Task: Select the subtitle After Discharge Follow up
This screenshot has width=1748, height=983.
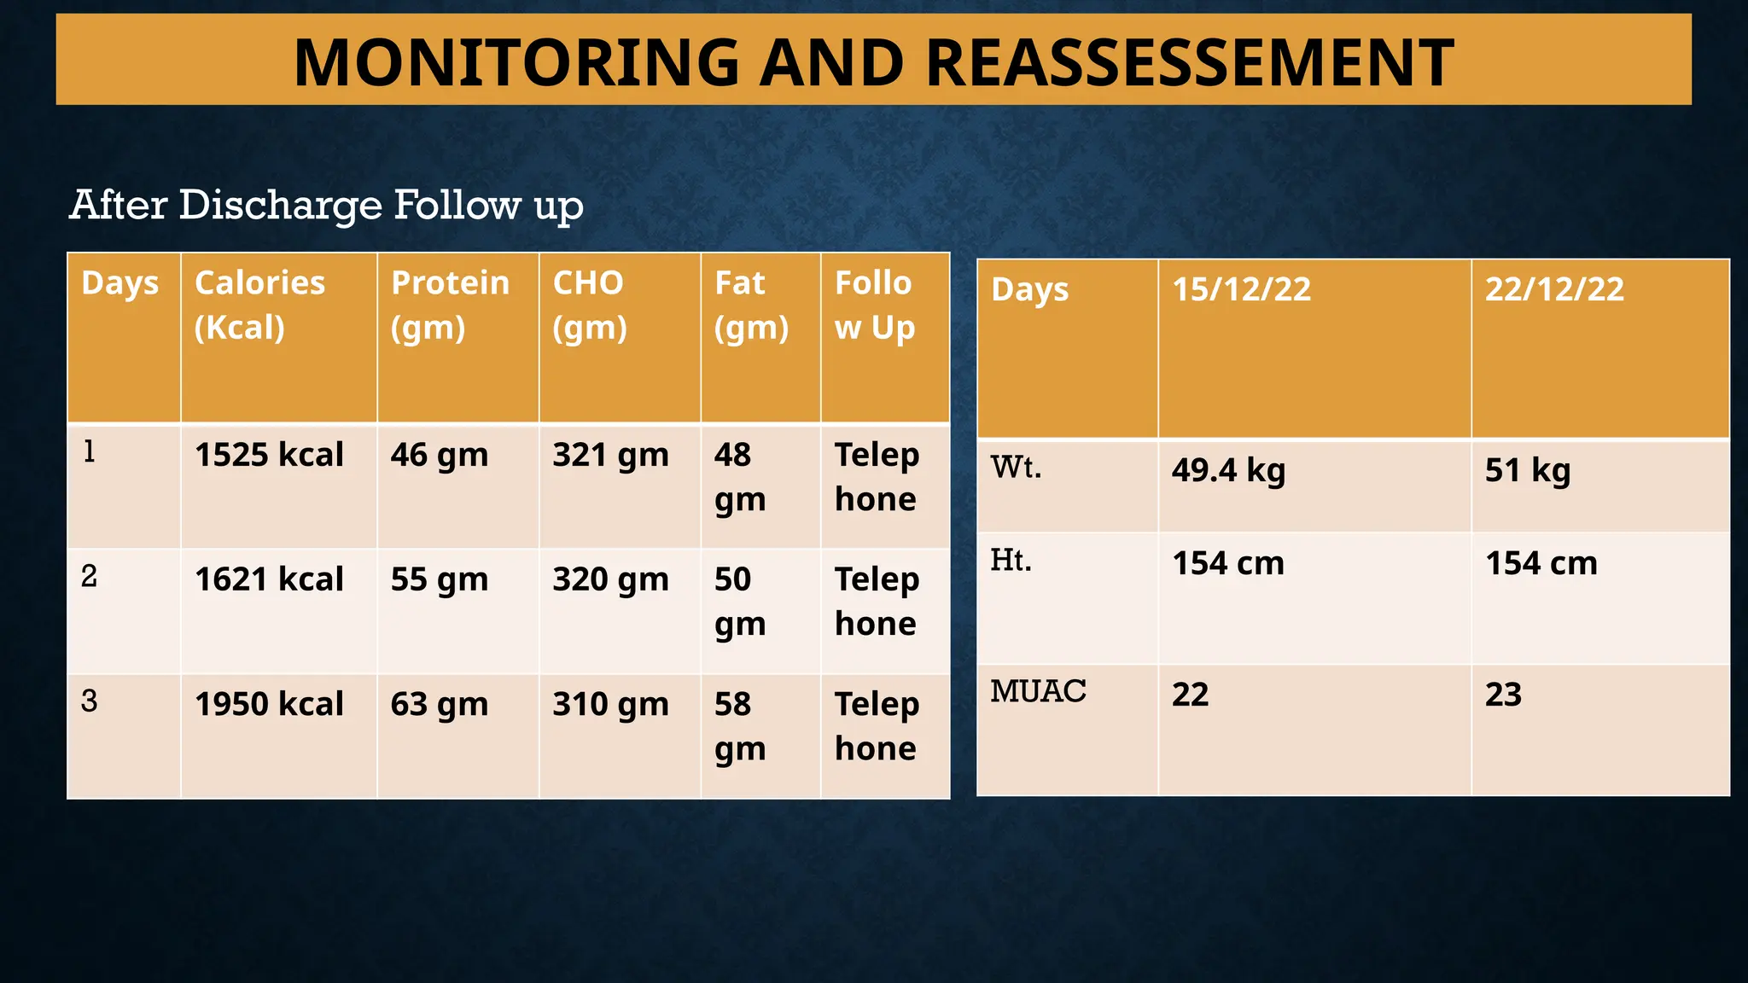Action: pos(326,206)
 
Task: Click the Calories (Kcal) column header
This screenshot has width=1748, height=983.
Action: pos(259,305)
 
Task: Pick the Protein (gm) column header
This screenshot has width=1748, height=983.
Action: pos(450,305)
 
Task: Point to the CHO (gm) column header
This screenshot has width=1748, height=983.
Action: pos(589,305)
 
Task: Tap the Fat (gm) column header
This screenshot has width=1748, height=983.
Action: pos(751,305)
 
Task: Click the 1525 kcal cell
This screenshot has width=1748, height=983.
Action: pos(269,455)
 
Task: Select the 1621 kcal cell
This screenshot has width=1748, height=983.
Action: pos(269,579)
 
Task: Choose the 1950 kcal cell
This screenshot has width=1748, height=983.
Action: pos(269,704)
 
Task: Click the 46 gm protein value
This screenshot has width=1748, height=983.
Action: pos(439,455)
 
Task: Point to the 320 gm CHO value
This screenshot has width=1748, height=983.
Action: pos(610,579)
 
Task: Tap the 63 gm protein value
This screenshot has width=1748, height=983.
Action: pos(439,704)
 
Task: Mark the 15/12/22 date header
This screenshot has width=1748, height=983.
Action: pos(1241,289)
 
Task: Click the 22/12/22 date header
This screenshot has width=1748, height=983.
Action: pos(1554,289)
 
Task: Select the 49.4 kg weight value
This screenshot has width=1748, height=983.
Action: pos(1228,470)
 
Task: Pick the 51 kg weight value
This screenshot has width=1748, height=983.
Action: pos(1527,470)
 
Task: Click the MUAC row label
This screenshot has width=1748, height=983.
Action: pos(1038,691)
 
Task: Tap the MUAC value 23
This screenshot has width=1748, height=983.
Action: pos(1503,695)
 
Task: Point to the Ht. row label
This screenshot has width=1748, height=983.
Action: pos(1011,561)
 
